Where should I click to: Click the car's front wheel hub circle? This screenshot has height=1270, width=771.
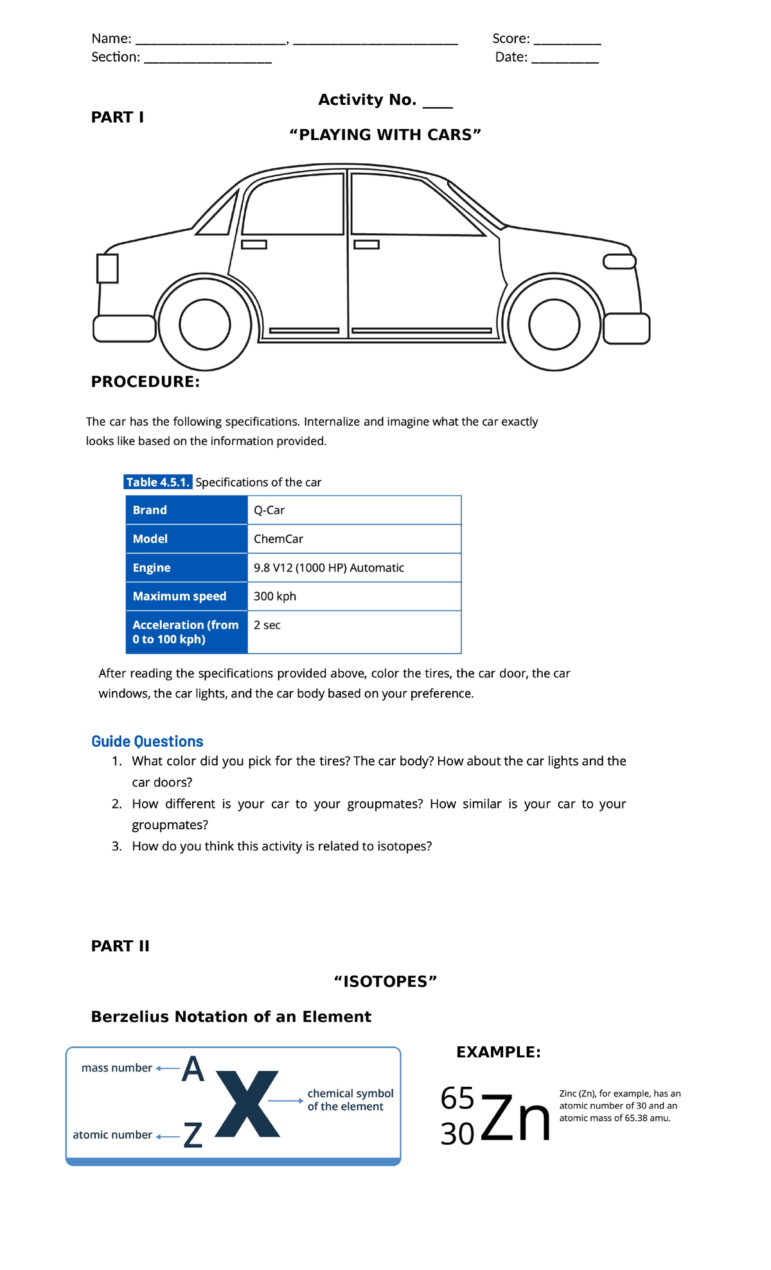(554, 324)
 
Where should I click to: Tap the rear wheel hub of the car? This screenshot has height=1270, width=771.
(205, 324)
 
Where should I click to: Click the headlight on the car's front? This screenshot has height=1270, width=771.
(619, 262)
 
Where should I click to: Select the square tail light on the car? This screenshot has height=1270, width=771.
(107, 269)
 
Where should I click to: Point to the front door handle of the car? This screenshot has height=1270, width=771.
(367, 244)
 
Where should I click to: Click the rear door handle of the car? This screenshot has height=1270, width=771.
(254, 244)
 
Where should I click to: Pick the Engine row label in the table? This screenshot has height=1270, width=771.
(152, 568)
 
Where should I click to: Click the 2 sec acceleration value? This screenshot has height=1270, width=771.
(267, 625)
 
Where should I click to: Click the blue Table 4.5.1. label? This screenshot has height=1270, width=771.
(158, 482)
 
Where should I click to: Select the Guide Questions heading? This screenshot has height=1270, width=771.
(147, 741)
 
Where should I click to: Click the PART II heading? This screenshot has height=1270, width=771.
(120, 945)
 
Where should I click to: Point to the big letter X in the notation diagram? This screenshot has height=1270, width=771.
(247, 1104)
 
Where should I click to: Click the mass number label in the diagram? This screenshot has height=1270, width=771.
(116, 1068)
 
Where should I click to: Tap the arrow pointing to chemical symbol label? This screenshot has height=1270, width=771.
(285, 1101)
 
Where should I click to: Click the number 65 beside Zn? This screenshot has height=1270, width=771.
(457, 1098)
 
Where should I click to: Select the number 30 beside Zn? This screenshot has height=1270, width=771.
(457, 1134)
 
